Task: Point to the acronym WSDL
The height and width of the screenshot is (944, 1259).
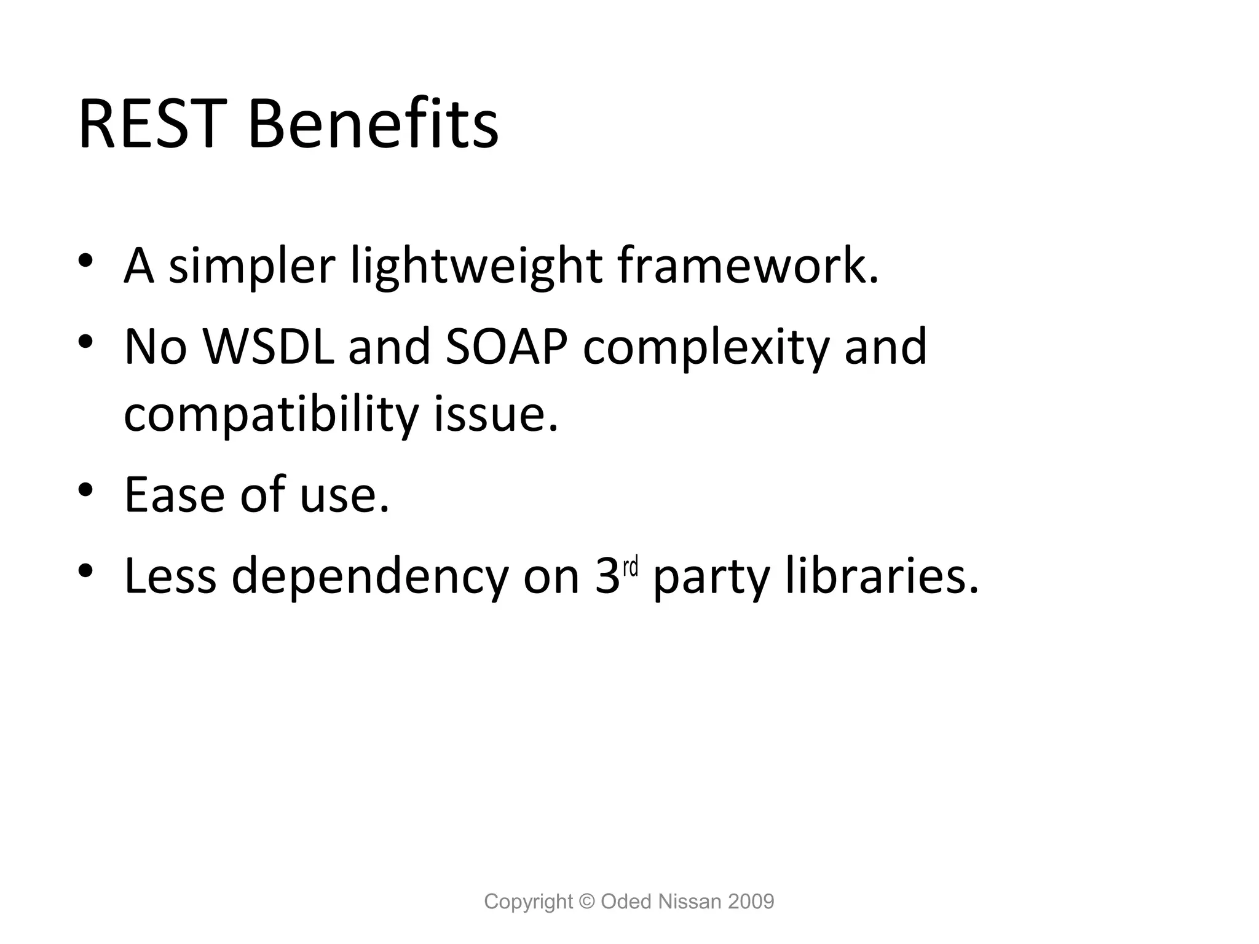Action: pyautogui.click(x=269, y=347)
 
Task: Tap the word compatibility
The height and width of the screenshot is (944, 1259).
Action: pyautogui.click(x=271, y=415)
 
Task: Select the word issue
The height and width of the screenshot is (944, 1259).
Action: pyautogui.click(x=496, y=414)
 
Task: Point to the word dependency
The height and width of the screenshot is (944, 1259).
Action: pyautogui.click(x=369, y=578)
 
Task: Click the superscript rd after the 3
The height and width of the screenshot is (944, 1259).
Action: pyautogui.click(x=631, y=567)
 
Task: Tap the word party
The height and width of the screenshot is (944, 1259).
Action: pyautogui.click(x=711, y=578)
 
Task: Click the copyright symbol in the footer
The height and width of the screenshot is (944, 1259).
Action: pyautogui.click(x=587, y=902)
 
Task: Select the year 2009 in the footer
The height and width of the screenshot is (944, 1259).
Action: pyautogui.click(x=751, y=902)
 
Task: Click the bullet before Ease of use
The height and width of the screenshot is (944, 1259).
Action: pyautogui.click(x=85, y=490)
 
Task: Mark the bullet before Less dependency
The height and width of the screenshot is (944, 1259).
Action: pyautogui.click(x=85, y=571)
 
